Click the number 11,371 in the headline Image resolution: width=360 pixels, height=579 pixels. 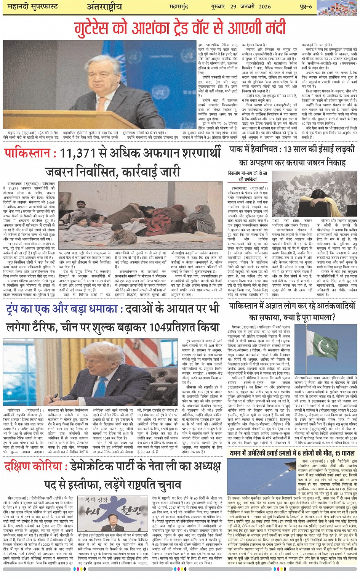(82, 153)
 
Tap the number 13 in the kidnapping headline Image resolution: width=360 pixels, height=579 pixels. (288, 149)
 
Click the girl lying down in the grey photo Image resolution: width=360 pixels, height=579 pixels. (312, 200)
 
